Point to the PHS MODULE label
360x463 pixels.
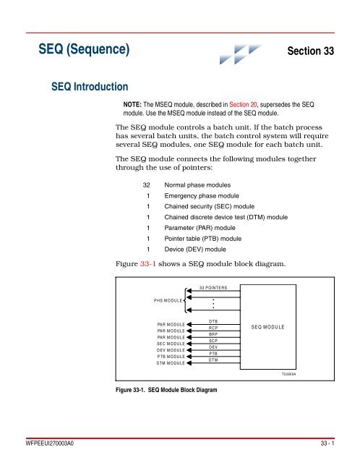(168, 300)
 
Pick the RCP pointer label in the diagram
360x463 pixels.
(213, 328)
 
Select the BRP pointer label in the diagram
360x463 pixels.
(213, 334)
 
